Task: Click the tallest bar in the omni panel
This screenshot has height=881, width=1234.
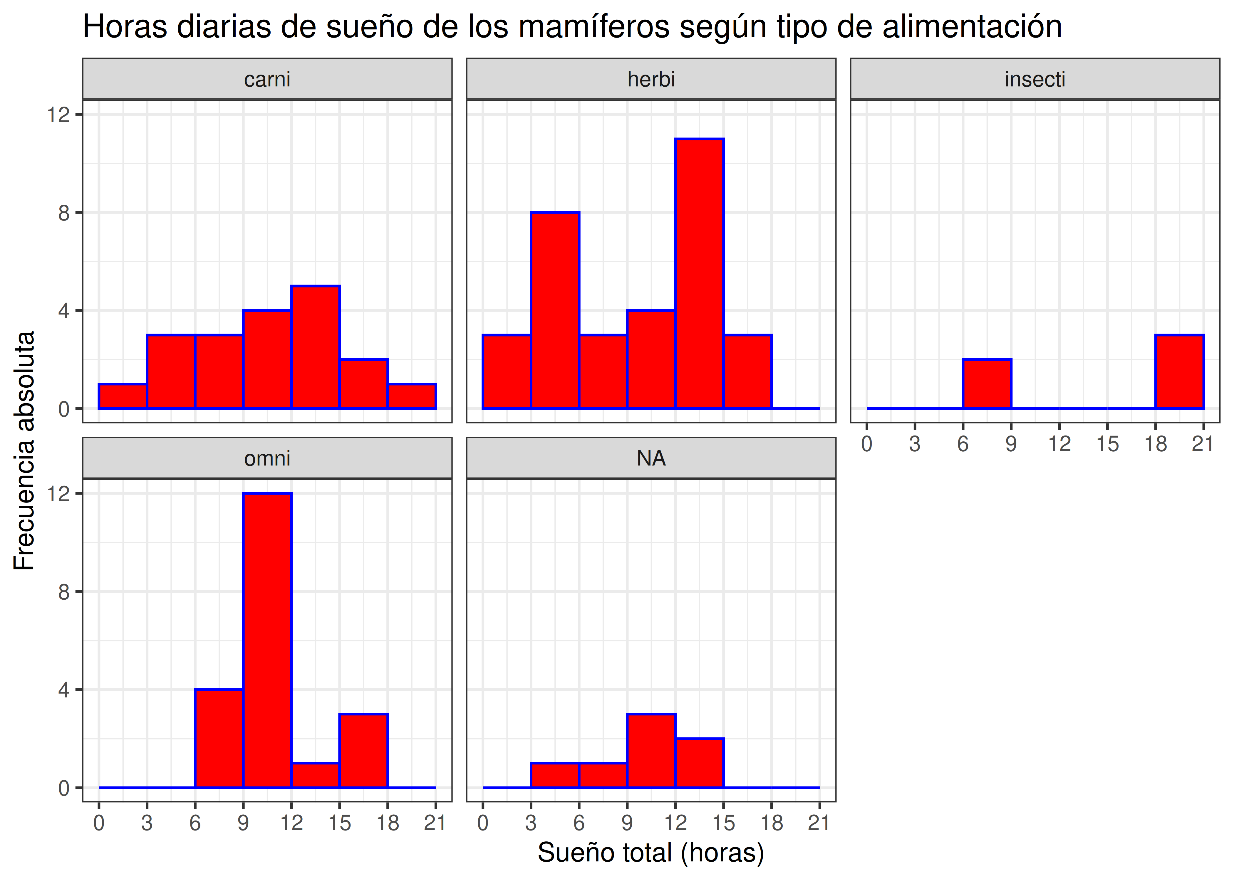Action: [x=267, y=640]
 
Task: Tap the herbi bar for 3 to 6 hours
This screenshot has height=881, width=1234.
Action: [x=555, y=310]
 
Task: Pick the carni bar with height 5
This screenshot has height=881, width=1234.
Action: [x=315, y=347]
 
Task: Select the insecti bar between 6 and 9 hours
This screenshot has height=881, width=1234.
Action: [x=987, y=384]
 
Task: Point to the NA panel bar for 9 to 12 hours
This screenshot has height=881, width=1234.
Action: [x=651, y=751]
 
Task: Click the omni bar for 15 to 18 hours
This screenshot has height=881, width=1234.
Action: [x=363, y=751]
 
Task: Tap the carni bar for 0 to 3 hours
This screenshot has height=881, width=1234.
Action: [x=123, y=396]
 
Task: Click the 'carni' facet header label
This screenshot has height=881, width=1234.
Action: [x=267, y=79]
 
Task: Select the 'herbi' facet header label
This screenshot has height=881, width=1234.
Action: [x=651, y=79]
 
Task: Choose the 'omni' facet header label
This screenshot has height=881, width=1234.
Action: [x=267, y=458]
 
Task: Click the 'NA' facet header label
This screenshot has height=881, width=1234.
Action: [x=651, y=458]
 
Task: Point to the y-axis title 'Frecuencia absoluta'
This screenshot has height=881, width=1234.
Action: [x=24, y=450]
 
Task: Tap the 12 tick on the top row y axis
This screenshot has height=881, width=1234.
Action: [x=58, y=115]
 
